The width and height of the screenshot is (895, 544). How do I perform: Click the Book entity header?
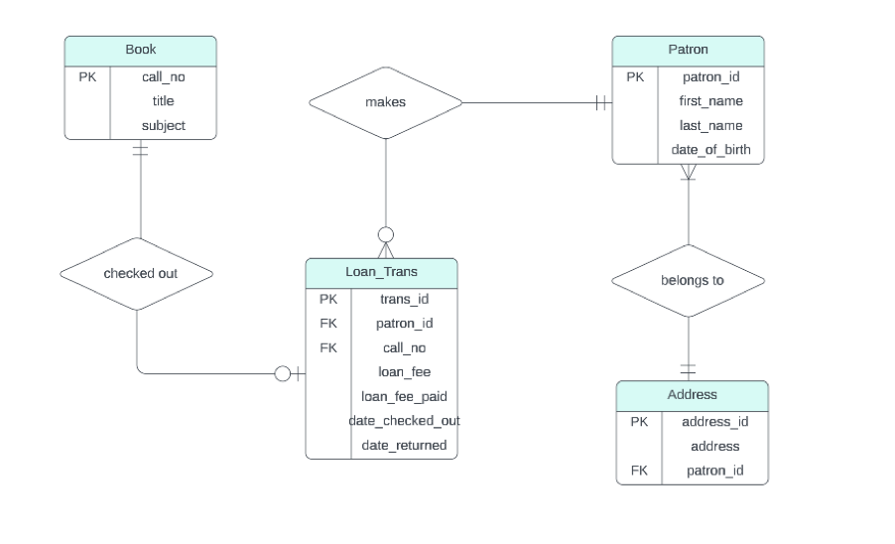coord(140,50)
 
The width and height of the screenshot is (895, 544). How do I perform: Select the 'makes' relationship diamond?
coord(385,102)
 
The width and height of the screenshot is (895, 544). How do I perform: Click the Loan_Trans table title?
coord(381,271)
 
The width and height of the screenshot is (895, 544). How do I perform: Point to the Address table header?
coord(692,394)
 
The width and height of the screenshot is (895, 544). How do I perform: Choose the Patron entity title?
coord(688,50)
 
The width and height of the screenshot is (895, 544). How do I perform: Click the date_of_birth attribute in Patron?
coord(710,150)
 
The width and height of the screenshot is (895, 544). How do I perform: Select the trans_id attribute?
coord(404,298)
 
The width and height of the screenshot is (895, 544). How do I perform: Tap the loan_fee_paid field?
coord(404,396)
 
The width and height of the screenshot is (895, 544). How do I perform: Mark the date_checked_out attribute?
coord(404,421)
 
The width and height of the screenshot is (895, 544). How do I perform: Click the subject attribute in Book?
coord(163,125)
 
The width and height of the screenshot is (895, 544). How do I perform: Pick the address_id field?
coord(714,421)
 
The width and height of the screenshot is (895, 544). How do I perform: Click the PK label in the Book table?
coord(87,75)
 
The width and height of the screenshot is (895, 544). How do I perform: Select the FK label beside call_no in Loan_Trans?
coord(328,347)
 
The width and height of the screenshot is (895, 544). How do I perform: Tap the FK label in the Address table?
coord(639,471)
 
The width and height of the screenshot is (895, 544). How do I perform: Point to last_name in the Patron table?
coord(710,125)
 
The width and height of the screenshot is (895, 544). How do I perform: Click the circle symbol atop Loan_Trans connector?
coord(386,234)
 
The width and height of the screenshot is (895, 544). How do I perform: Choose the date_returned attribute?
coord(404,445)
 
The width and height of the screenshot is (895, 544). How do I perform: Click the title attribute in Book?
coord(163,100)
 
